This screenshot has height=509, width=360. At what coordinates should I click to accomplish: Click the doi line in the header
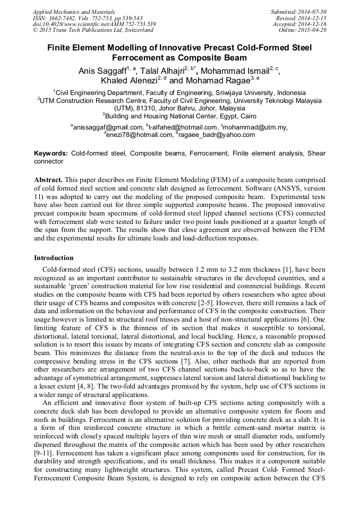point(94,24)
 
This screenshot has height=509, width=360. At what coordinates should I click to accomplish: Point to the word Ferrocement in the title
point(136,57)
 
